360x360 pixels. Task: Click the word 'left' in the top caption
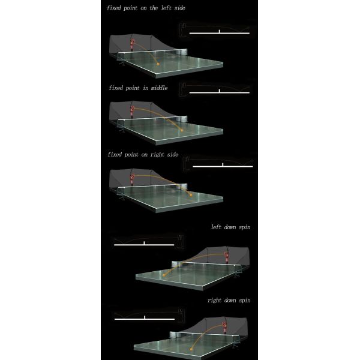point(166,8)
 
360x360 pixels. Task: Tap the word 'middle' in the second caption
point(159,88)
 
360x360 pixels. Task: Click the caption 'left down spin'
point(230,227)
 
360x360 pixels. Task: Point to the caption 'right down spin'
point(229,301)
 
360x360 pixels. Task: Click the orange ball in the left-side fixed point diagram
point(158,64)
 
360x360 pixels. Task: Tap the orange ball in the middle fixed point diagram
point(182,131)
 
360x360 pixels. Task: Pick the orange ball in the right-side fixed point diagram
point(191,195)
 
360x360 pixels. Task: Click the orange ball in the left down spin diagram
point(164,275)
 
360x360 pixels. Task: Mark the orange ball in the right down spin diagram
point(191,349)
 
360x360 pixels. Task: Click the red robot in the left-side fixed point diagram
point(132,45)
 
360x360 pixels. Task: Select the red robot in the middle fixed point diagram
point(132,112)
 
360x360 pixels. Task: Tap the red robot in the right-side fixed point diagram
point(132,179)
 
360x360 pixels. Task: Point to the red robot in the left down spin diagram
point(226,257)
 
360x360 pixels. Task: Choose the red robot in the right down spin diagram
point(224,328)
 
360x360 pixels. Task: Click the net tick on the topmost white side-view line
point(220,31)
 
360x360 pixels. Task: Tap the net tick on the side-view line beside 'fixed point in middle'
point(220,91)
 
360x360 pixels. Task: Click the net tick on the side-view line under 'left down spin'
point(144,243)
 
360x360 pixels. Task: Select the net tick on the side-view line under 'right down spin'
point(145,317)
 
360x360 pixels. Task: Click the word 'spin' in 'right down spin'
point(245,301)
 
